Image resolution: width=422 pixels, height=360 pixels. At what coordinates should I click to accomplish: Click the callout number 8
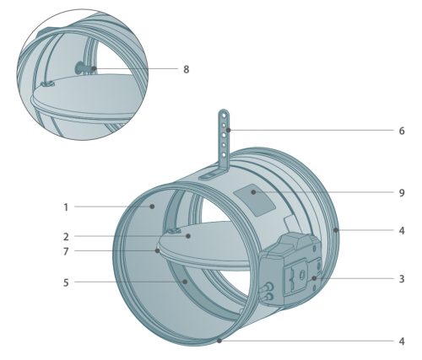click(x=187, y=69)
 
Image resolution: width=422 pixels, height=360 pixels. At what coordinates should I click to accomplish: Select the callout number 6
click(x=402, y=131)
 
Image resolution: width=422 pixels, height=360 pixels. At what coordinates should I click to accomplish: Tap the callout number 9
click(x=402, y=193)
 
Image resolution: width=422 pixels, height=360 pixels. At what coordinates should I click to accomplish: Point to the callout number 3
click(x=402, y=279)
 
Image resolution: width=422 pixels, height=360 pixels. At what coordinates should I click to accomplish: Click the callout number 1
click(x=66, y=207)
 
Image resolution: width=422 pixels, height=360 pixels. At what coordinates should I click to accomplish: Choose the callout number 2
click(x=66, y=237)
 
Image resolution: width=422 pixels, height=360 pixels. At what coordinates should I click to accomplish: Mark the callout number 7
click(x=66, y=251)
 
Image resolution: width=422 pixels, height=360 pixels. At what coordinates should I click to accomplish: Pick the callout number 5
click(x=66, y=282)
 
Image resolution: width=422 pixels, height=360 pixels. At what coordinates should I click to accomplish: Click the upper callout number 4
click(x=402, y=231)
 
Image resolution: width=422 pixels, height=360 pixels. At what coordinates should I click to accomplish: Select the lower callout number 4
click(x=402, y=341)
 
